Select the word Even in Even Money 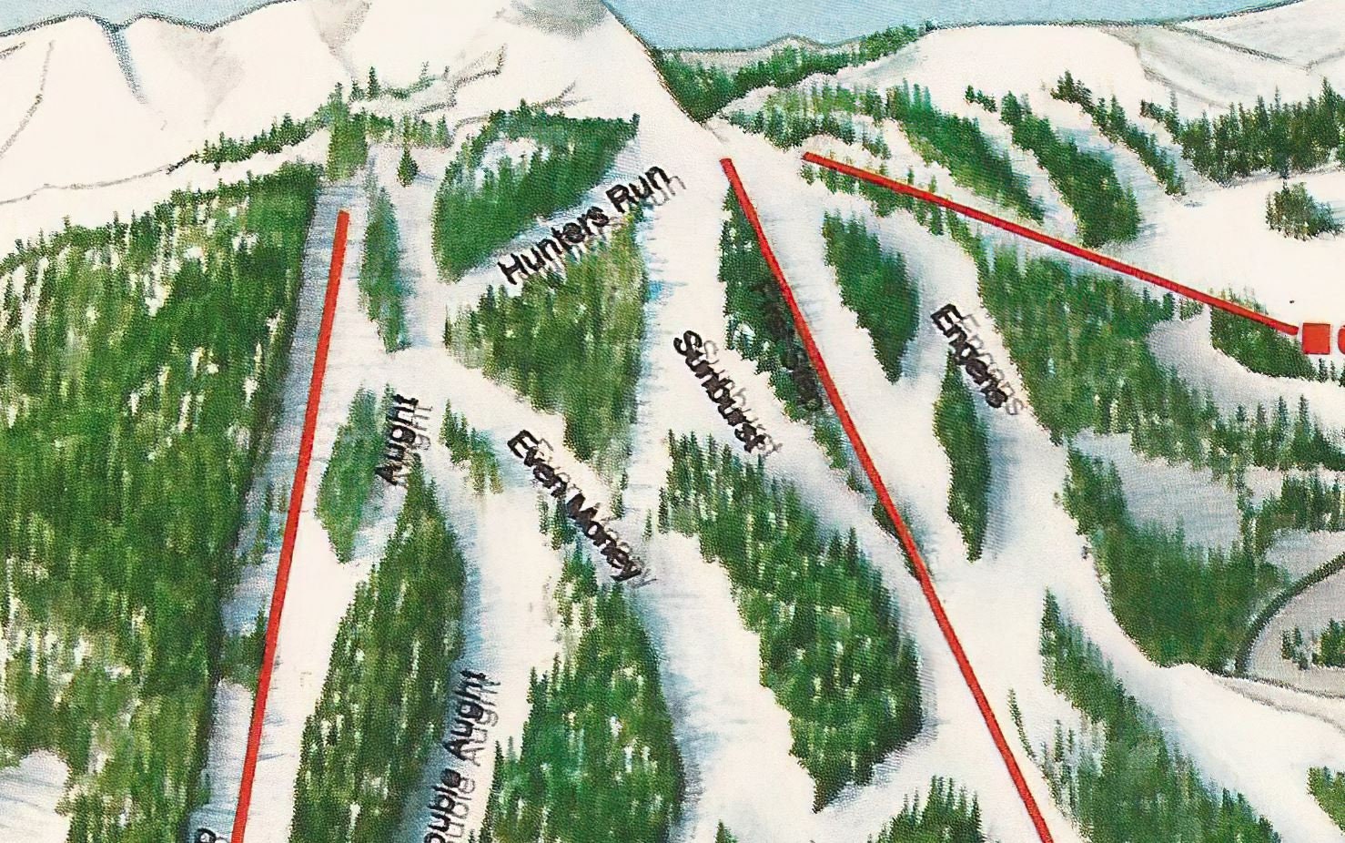(x=533, y=462)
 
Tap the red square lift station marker (x=1312, y=336)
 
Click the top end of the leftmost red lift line (x=343, y=214)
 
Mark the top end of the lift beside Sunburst (x=726, y=162)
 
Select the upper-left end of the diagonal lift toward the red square (x=807, y=157)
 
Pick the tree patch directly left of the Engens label (x=869, y=291)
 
